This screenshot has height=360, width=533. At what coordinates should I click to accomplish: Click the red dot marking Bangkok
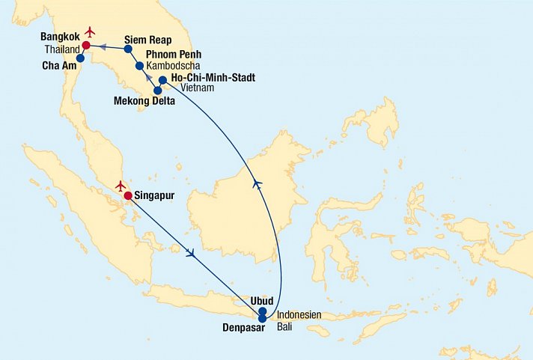pyautogui.click(x=86, y=45)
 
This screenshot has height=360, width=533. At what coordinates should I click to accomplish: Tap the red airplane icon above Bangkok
pyautogui.click(x=91, y=31)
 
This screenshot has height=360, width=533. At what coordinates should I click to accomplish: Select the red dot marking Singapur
pyautogui.click(x=128, y=196)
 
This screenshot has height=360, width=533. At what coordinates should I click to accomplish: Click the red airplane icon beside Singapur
pyautogui.click(x=120, y=185)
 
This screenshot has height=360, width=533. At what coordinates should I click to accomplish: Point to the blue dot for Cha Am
pyautogui.click(x=80, y=58)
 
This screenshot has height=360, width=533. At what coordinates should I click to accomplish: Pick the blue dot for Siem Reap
pyautogui.click(x=128, y=49)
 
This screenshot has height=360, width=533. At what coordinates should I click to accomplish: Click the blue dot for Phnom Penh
pyautogui.click(x=139, y=66)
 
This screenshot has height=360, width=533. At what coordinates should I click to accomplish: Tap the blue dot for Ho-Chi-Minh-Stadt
pyautogui.click(x=162, y=79)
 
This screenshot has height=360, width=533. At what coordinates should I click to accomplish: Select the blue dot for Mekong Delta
pyautogui.click(x=157, y=91)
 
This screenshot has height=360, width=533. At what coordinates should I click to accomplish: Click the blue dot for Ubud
pyautogui.click(x=262, y=311)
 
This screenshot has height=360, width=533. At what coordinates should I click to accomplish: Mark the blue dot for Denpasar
pyautogui.click(x=262, y=319)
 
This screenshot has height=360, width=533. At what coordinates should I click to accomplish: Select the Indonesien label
pyautogui.click(x=299, y=314)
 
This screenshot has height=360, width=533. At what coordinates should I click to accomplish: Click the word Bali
pyautogui.click(x=287, y=326)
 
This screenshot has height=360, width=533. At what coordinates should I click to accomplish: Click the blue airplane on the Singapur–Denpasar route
pyautogui.click(x=191, y=254)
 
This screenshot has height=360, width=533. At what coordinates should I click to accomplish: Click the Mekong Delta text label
pyautogui.click(x=144, y=101)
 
